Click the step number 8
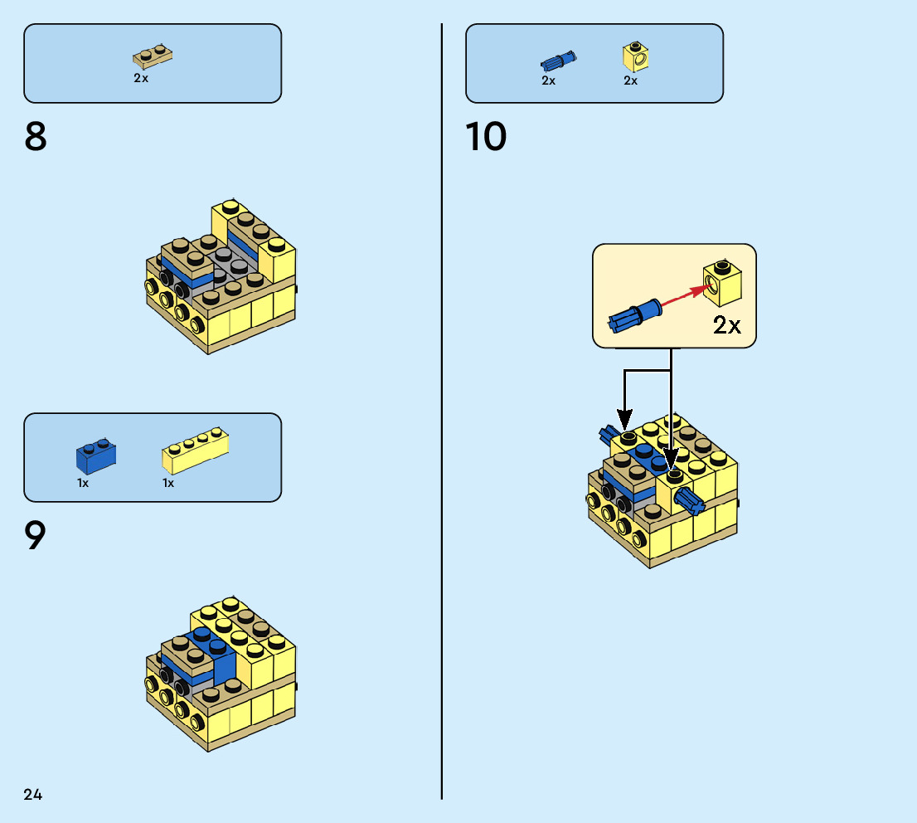[36, 138]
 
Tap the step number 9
[35, 536]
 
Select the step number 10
[486, 138]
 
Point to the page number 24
[33, 795]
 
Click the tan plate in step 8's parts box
[152, 57]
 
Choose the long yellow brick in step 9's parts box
[195, 449]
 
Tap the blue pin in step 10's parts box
[558, 61]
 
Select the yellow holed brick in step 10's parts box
[635, 56]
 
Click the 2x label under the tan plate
[141, 78]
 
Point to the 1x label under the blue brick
[84, 483]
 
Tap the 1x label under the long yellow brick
[168, 483]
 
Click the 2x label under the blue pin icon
[548, 80]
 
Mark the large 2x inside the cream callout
[726, 325]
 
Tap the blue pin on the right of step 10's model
[688, 499]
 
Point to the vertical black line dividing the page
[442, 415]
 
